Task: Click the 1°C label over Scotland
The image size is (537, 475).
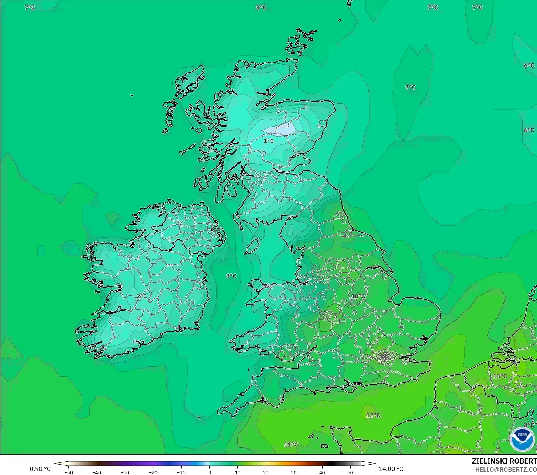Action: point(269,141)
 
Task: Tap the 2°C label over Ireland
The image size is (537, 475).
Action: point(142,296)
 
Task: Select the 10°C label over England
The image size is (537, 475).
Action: point(358,296)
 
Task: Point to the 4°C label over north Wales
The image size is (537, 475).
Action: point(268,286)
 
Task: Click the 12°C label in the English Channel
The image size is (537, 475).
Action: point(373,415)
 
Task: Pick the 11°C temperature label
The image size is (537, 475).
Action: point(291,444)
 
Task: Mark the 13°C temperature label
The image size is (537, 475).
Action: point(500,376)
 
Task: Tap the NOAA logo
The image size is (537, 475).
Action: point(522,439)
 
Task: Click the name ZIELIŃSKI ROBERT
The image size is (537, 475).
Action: point(504,461)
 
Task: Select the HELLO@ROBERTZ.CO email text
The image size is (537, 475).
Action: point(506,469)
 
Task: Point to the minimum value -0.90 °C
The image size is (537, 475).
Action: point(39,469)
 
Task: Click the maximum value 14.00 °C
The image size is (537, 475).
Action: point(391,469)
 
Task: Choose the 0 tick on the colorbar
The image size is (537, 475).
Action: point(209,472)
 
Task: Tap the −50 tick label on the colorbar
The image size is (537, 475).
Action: point(68,472)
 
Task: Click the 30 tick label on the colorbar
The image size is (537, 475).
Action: point(294,472)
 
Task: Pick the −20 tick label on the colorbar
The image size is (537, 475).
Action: point(153,472)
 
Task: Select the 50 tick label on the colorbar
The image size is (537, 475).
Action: point(350,472)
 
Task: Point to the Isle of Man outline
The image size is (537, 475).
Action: point(252,246)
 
